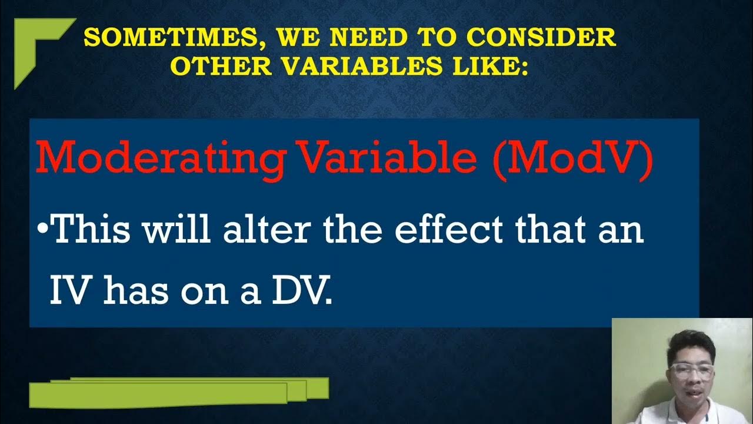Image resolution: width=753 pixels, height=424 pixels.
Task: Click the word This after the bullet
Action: tap(96, 231)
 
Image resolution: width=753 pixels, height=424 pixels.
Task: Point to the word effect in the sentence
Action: tap(449, 231)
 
